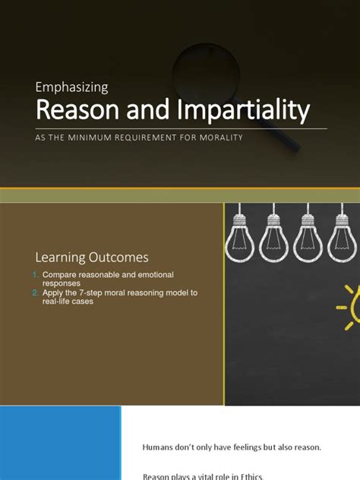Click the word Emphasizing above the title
tap(72, 87)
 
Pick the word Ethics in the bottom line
tap(250, 475)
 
